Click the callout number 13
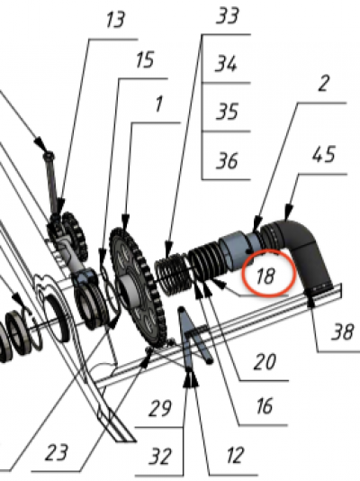point(115,20)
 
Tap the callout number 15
point(145,59)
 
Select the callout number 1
point(158,104)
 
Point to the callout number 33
point(228,15)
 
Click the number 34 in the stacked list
point(226,63)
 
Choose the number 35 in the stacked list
point(227,112)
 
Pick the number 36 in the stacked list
point(227,160)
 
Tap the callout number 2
point(323,84)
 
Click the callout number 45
point(324,154)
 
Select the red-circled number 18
point(265,276)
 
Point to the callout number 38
point(343,331)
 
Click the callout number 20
point(265,362)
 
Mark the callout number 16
point(264,406)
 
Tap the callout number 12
point(235,455)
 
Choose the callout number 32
point(160,457)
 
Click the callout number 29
point(160,408)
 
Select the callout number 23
point(57,453)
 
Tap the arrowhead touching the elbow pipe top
point(288,213)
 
